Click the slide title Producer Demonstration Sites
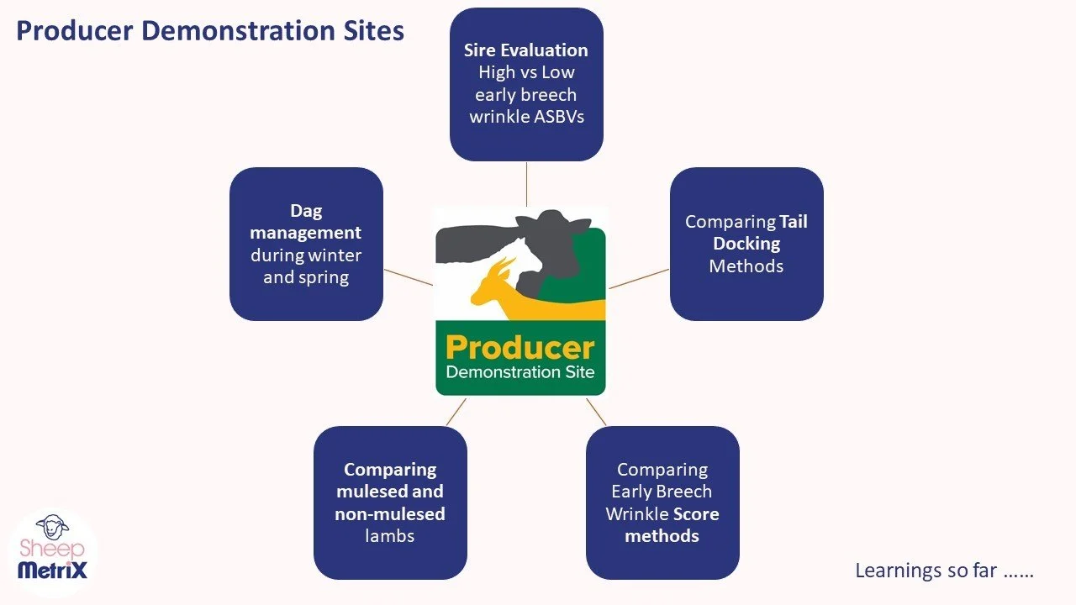coord(210,30)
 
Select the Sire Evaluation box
coord(526,84)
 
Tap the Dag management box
coord(306,244)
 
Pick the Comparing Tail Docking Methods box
coord(746,244)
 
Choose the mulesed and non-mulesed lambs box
coord(390,502)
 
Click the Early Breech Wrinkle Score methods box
coord(662,502)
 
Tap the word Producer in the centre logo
coord(520,347)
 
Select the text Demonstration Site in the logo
coord(520,371)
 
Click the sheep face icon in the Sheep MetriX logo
coord(52,527)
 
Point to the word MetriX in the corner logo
coord(52,571)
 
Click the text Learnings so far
coord(943,571)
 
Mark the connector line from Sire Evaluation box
coord(526,183)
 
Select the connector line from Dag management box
coord(409,277)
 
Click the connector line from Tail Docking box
coord(639,279)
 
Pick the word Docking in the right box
coord(746,244)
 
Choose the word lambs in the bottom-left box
coord(390,535)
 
